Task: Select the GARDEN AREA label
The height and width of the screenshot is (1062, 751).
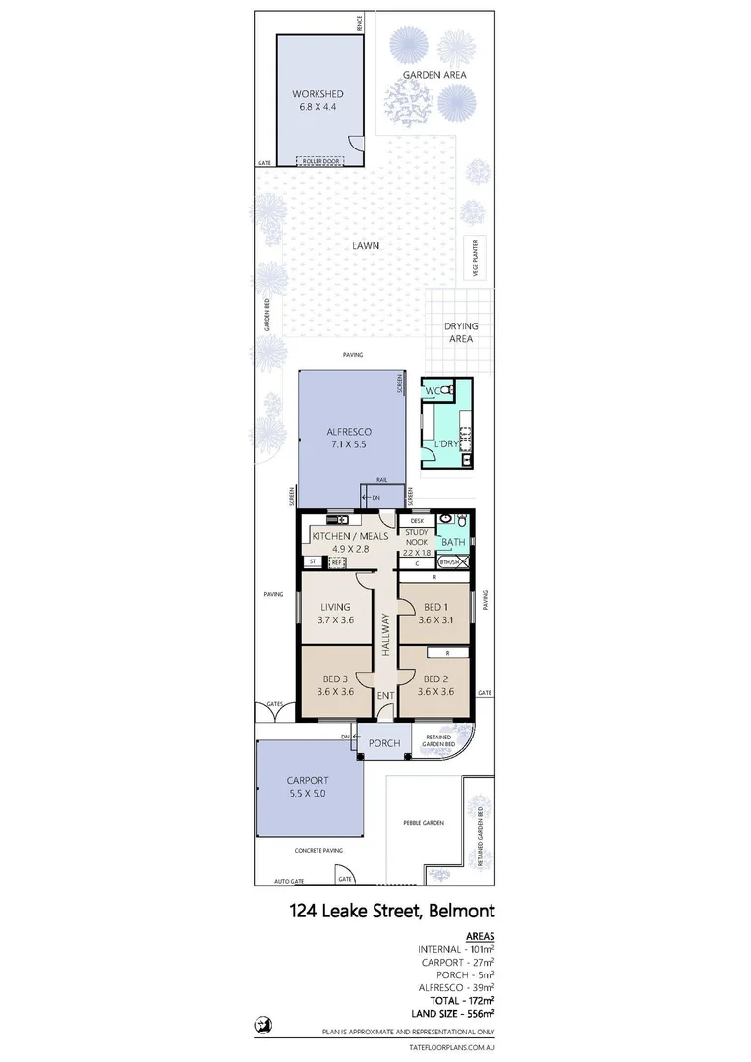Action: point(433,74)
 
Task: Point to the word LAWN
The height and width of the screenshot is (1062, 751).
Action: point(369,246)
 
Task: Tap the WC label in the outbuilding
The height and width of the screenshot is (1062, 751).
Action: point(433,392)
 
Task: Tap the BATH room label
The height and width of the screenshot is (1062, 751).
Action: point(453,542)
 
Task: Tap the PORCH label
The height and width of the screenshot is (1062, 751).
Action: point(383,743)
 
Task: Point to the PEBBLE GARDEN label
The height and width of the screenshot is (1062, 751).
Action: point(424,822)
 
